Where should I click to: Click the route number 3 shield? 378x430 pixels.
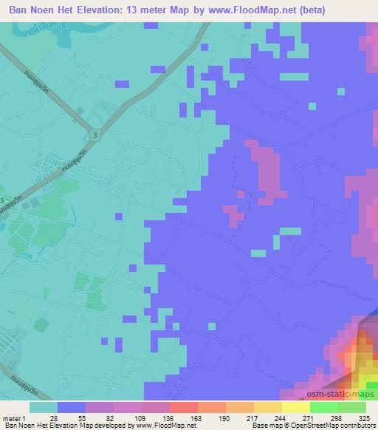coord(96,134)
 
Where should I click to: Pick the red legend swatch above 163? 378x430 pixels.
coord(184,406)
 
